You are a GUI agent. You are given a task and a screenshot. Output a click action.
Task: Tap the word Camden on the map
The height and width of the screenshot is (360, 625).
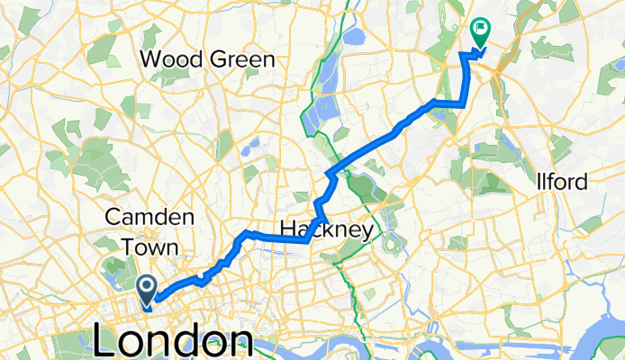pos(149,218)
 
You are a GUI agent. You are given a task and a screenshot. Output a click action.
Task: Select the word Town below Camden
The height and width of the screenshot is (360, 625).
pos(150,246)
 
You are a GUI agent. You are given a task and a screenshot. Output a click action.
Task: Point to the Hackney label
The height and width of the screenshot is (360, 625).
pos(326,230)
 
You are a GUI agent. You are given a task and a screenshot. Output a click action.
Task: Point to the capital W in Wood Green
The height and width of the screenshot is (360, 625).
pos(151,60)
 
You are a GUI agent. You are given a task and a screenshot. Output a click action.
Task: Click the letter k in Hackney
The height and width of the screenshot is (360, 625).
pos(328,230)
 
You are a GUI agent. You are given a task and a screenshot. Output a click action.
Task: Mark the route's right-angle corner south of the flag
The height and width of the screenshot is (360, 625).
pos(462,104)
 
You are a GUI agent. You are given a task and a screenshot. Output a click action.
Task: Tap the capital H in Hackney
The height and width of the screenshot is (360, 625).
pos(287,230)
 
